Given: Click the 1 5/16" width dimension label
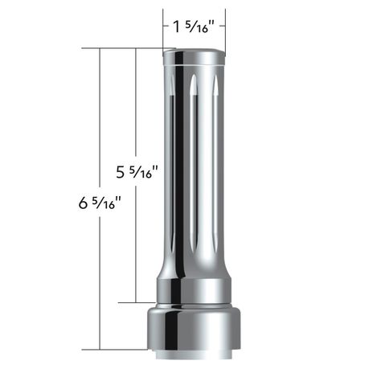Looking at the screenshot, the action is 195,27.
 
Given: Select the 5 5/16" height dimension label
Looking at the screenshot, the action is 137,172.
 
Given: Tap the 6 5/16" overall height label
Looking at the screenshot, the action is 100,203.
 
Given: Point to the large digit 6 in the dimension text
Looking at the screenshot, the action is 84,203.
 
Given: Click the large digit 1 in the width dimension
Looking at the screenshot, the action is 177,27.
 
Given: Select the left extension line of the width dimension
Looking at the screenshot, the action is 163,30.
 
